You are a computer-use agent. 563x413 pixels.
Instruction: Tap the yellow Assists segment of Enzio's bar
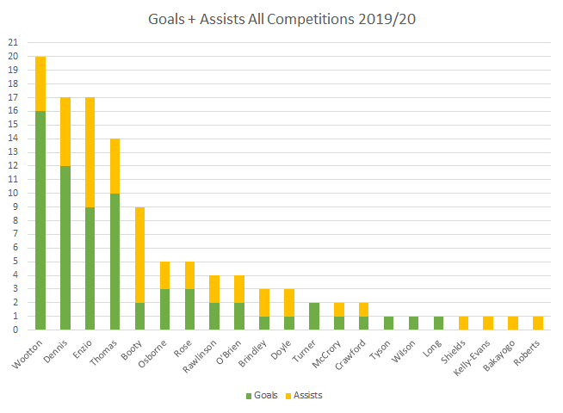90,152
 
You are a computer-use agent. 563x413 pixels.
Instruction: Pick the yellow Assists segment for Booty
140,254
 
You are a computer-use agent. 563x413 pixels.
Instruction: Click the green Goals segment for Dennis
65,247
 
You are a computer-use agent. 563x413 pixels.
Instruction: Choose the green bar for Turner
314,316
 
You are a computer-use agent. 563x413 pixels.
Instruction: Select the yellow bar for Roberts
539,323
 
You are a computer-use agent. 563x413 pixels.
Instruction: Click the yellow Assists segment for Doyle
289,302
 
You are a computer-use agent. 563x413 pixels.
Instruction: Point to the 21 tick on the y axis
12,42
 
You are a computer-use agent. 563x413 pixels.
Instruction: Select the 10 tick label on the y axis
12,193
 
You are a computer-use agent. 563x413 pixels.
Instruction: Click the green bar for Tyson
389,323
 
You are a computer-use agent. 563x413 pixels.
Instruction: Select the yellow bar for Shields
464,323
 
